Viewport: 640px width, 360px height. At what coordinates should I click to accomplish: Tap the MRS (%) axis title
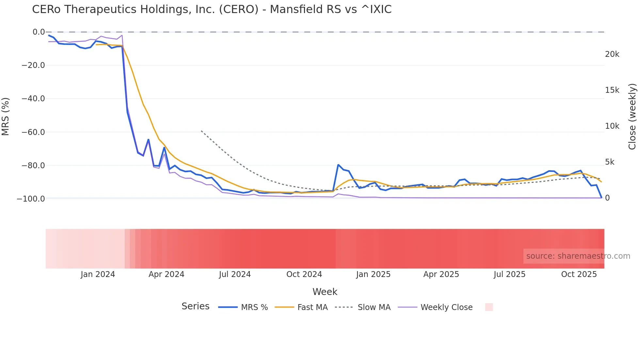coord(6,117)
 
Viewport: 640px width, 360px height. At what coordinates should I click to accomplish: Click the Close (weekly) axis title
coord(632,117)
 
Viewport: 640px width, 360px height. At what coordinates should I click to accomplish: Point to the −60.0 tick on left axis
coord(33,132)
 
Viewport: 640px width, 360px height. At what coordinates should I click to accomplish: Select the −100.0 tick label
coord(31,199)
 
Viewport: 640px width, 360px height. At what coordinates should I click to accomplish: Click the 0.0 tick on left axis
coord(39,32)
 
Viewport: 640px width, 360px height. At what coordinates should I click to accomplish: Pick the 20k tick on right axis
coord(612,54)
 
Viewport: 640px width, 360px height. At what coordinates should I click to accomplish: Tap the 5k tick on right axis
coord(610,162)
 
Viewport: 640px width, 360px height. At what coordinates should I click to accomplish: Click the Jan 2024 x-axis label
coord(98,274)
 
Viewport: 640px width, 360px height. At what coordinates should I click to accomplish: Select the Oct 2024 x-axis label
coord(304,274)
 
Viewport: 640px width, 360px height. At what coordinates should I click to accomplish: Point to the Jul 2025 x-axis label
coord(509,274)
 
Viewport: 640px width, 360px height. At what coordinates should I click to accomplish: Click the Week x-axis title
coord(325,292)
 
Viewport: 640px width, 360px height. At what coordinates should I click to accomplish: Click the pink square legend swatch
coord(489,307)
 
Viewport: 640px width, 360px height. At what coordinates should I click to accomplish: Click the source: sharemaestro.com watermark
coord(578,256)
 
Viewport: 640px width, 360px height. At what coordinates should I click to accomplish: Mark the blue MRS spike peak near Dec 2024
coord(338,165)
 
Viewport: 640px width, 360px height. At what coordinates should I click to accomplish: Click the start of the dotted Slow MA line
coord(201,131)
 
